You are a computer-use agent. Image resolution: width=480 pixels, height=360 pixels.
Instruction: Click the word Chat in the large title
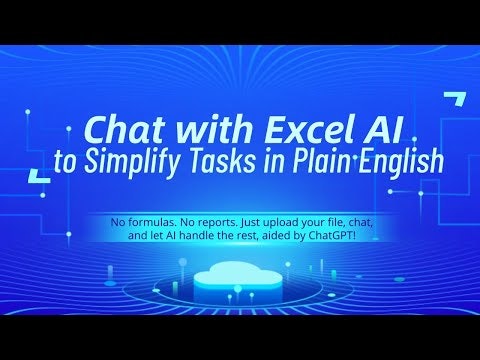point(118,129)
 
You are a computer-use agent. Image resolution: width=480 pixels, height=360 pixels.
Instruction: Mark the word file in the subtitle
point(346,219)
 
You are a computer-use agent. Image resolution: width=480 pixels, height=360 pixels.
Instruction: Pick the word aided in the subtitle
point(293,235)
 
